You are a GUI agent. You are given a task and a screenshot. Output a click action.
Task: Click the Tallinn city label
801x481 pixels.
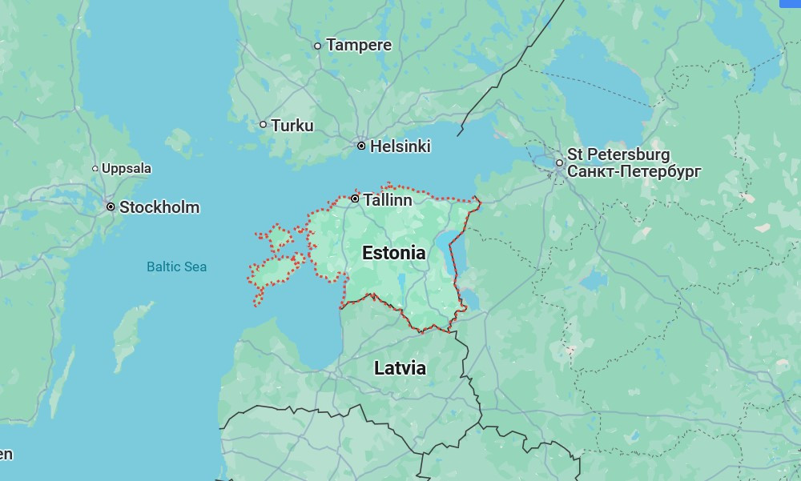click(388, 200)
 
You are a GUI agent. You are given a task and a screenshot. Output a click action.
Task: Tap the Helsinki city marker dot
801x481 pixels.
click(361, 146)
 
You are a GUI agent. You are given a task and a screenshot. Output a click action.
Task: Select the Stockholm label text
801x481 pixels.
click(159, 207)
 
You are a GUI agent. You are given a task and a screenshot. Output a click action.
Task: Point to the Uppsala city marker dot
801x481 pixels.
click(95, 168)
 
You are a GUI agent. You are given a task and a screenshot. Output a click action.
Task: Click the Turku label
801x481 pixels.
click(292, 126)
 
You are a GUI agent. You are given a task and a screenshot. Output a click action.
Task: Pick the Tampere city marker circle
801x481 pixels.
click(317, 46)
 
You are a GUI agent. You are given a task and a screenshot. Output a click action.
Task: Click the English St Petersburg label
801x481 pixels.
click(618, 154)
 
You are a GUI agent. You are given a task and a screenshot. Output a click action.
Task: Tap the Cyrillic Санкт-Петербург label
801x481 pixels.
click(634, 171)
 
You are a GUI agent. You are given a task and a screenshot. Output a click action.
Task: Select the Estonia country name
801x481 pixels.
click(393, 253)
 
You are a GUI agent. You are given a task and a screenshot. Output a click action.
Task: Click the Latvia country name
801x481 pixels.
click(400, 368)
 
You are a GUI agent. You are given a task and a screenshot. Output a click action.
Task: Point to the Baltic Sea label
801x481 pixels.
click(176, 267)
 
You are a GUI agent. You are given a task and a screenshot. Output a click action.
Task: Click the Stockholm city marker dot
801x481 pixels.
click(111, 206)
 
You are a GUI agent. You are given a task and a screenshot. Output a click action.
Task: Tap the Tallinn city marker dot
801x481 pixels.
click(355, 198)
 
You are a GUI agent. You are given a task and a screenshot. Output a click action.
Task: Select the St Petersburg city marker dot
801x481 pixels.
click(559, 163)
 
